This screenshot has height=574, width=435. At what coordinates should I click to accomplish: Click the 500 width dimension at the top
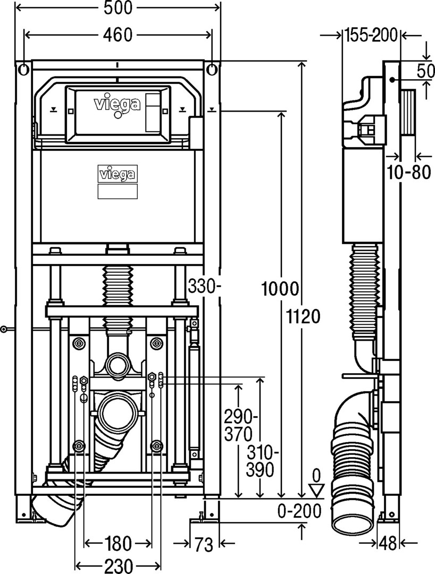coord(117,8)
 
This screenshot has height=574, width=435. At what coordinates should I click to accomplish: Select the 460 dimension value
coord(117,36)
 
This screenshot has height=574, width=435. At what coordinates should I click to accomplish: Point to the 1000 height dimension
coord(281,290)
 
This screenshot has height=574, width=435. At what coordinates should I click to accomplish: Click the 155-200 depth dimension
coord(371,36)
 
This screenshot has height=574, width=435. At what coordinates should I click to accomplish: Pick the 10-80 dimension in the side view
coord(408,173)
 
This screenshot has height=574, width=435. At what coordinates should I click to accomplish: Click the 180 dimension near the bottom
coord(118,544)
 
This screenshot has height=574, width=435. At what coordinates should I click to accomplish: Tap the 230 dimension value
coord(118,566)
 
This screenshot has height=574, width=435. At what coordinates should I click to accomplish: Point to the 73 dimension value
coord(204,544)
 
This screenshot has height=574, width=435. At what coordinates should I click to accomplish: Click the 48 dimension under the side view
coord(387,544)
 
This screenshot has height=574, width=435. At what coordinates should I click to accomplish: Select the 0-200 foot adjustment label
coord(300,511)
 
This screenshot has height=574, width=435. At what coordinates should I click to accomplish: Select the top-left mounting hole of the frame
coord(23,69)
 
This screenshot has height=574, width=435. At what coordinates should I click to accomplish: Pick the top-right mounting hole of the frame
coord(212,69)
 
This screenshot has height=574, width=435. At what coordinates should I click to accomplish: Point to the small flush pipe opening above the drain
coord(118,365)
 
